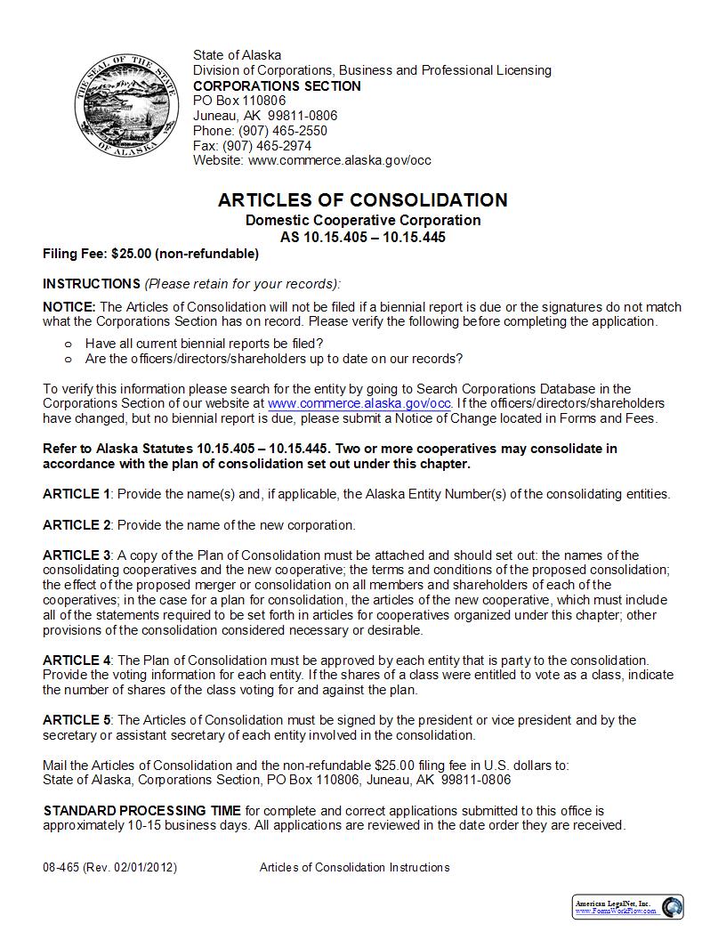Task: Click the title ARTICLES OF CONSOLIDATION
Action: click(x=363, y=200)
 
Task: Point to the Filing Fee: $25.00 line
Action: click(x=150, y=254)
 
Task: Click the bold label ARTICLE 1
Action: click(x=77, y=494)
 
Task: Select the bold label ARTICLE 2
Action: click(x=77, y=525)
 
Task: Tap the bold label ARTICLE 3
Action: click(x=77, y=555)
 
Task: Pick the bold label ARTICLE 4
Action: click(x=77, y=660)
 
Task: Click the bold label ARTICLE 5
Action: click(x=77, y=720)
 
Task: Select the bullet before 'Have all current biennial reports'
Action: click(x=68, y=344)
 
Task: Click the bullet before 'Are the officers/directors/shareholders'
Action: click(x=68, y=359)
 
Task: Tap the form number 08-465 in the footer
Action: click(x=60, y=868)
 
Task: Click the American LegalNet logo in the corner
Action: click(x=627, y=907)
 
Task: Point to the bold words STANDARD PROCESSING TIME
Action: click(x=142, y=811)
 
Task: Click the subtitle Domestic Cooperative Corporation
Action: click(x=363, y=221)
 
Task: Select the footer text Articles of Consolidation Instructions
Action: click(x=354, y=868)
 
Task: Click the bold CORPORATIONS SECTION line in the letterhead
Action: click(x=277, y=86)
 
